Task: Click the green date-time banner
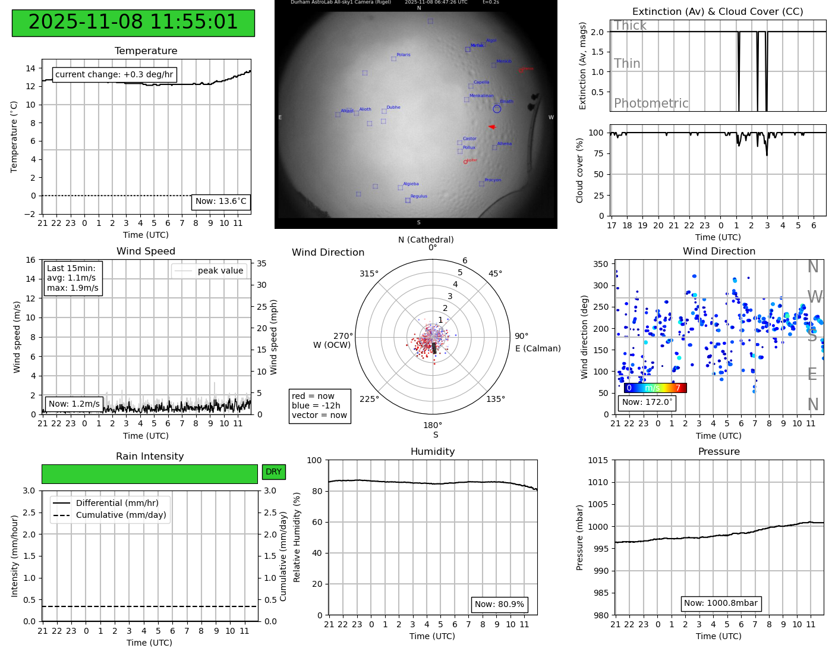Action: tap(133, 23)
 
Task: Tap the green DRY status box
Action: tap(273, 472)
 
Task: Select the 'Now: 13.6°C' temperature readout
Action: tap(220, 202)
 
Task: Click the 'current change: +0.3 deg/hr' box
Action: tap(114, 75)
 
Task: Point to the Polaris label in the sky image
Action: tap(404, 55)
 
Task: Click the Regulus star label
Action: tap(418, 196)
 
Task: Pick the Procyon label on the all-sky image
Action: tap(493, 180)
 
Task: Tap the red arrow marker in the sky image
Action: tap(491, 127)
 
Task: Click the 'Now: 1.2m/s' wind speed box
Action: tap(74, 404)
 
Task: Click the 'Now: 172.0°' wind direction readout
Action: tap(647, 403)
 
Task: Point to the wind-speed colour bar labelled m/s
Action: tap(655, 388)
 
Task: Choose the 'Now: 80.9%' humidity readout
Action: tap(499, 605)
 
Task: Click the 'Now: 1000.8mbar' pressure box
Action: tap(720, 603)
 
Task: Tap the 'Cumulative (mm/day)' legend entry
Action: tap(121, 515)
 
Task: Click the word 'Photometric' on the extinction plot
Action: tap(651, 103)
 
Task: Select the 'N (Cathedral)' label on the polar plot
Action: tap(426, 240)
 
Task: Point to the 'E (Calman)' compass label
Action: tap(538, 348)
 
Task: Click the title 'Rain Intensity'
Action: tap(150, 457)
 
